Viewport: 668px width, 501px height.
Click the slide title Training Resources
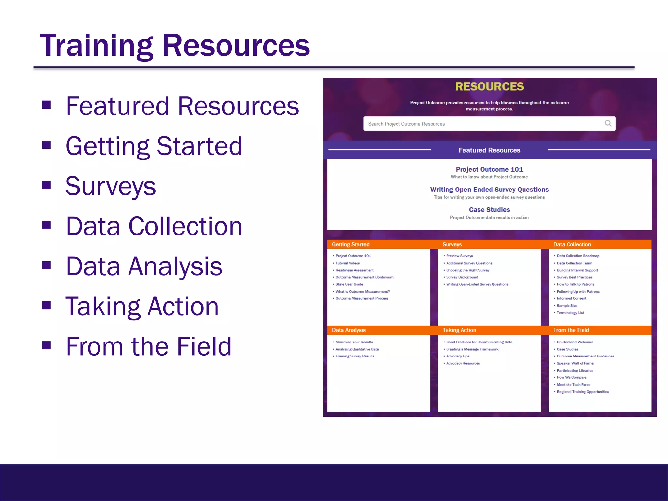click(x=175, y=46)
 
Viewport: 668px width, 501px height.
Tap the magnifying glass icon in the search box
click(x=608, y=123)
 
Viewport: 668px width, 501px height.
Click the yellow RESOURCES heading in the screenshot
click(x=489, y=87)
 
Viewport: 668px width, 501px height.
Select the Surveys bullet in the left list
click(x=111, y=186)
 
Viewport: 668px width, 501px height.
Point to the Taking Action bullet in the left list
click(x=142, y=307)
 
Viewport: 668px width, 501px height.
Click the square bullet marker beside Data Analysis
click(x=47, y=265)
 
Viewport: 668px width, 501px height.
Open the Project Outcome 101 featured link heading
click(x=489, y=169)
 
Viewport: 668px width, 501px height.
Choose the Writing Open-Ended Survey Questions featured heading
click(x=489, y=190)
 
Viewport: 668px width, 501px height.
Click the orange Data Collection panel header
click(x=572, y=244)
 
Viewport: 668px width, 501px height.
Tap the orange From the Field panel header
click(x=571, y=330)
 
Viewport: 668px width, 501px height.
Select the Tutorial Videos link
click(x=348, y=263)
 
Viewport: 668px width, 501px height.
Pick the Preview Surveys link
click(x=459, y=256)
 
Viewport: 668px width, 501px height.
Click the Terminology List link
click(x=570, y=313)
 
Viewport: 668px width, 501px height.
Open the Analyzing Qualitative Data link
click(x=357, y=349)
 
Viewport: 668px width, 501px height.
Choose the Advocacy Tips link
click(x=458, y=356)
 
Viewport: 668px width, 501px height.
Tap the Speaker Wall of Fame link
click(x=575, y=363)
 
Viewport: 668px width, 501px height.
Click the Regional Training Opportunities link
click(x=583, y=392)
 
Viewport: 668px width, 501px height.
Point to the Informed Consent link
click(x=571, y=298)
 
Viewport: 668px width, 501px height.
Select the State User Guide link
click(x=349, y=284)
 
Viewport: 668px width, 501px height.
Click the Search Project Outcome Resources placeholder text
click(x=406, y=124)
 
